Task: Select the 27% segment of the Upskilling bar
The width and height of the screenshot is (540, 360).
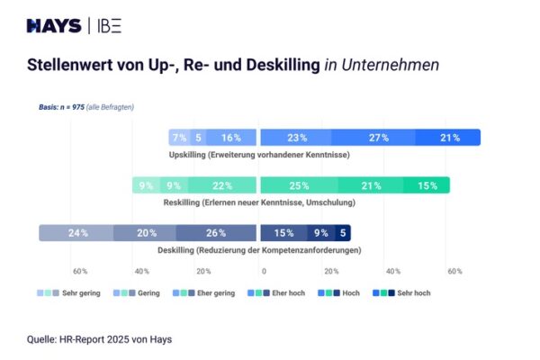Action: pos(378,138)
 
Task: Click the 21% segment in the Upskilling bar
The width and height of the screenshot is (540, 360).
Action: pos(450,138)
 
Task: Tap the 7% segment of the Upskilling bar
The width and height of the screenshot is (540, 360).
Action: pos(179,138)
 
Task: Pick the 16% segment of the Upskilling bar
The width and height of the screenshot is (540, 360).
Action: pos(230,138)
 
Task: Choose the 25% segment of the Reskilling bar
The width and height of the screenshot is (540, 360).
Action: pos(299,185)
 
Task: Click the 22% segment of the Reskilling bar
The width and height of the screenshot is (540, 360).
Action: pos(221,185)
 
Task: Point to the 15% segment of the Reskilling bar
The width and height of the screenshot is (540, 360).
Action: pos(427,185)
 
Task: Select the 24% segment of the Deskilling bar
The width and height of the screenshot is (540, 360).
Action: pos(76,233)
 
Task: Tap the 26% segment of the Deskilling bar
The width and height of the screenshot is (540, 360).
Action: pos(216,233)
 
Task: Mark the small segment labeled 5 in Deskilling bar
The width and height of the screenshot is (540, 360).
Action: pos(344,233)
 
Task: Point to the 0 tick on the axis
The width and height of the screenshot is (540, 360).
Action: pos(264,271)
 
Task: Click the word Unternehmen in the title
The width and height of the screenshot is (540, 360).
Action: pos(388,66)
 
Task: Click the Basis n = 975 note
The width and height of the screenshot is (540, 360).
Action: pos(85,107)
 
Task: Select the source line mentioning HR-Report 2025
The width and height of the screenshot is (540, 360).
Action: pos(99,339)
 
